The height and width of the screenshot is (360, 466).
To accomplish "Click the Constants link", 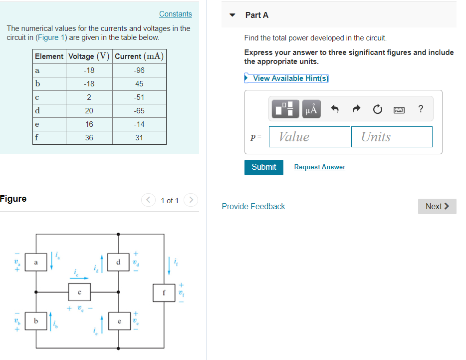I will point(175,14).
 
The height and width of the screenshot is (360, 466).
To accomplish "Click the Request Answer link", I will point(319,167).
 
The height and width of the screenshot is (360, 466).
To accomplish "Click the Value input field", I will point(309,137).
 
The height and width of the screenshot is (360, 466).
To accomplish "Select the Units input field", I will point(392,137).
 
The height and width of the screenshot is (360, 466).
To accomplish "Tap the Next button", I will point(437,206).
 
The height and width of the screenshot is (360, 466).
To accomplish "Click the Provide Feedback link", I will point(253,206).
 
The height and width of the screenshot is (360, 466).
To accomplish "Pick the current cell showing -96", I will point(139,70).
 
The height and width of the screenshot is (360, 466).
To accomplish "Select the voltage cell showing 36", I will point(89,138).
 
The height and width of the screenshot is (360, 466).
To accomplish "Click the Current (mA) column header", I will point(139,56).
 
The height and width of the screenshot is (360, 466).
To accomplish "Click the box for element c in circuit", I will point(79,291).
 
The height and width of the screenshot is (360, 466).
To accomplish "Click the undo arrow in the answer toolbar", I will point(335,109).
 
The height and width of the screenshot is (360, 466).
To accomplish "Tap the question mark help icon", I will point(421,109).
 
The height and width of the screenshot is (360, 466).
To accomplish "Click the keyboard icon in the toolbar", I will point(399,109).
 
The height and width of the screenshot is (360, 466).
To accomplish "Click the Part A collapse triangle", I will point(232,15).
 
